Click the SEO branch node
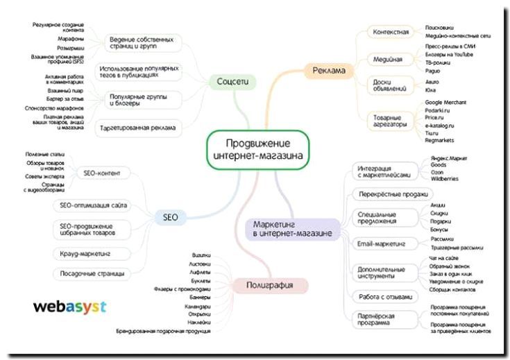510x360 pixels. (x=171, y=217)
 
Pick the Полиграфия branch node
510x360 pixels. (x=268, y=285)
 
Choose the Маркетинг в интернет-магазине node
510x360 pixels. (x=291, y=229)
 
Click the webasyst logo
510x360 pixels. (x=69, y=305)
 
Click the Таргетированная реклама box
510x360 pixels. (x=137, y=128)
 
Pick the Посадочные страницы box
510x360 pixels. (x=92, y=273)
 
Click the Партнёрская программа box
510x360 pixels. (x=381, y=320)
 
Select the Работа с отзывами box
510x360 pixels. (x=385, y=297)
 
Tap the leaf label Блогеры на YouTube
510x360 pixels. (x=449, y=54)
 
